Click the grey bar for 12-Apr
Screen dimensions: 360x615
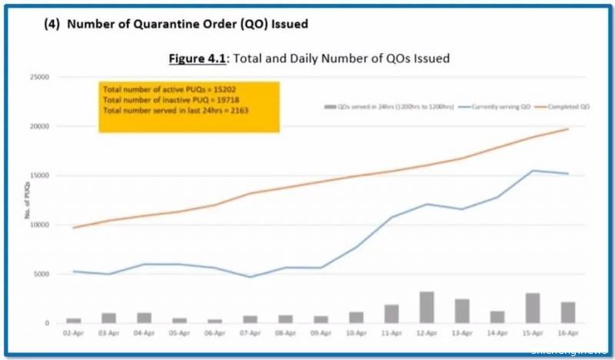427,307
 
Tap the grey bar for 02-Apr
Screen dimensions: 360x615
74,320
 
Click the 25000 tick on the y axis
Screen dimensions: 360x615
40,77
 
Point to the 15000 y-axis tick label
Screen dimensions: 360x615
40,175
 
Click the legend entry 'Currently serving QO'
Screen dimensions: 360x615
503,105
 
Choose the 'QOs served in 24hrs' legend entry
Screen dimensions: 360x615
388,105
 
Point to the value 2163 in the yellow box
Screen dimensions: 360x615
237,111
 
